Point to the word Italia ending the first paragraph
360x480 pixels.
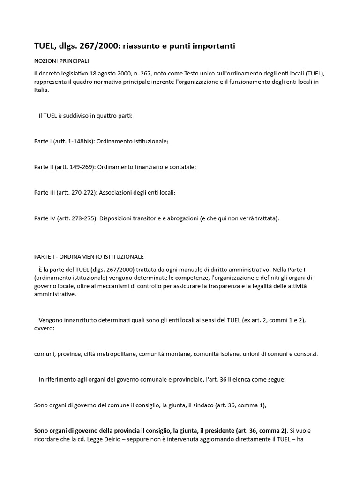[x=41, y=90]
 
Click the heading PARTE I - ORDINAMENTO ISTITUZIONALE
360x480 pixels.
[x=89, y=257]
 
